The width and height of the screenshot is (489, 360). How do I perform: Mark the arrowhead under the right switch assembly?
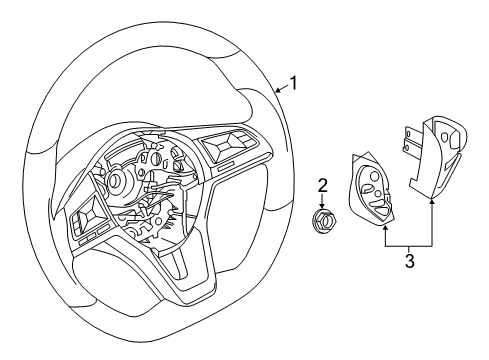pyautogui.click(x=432, y=201)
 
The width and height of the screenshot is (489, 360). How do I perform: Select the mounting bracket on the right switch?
pyautogui.click(x=411, y=139)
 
